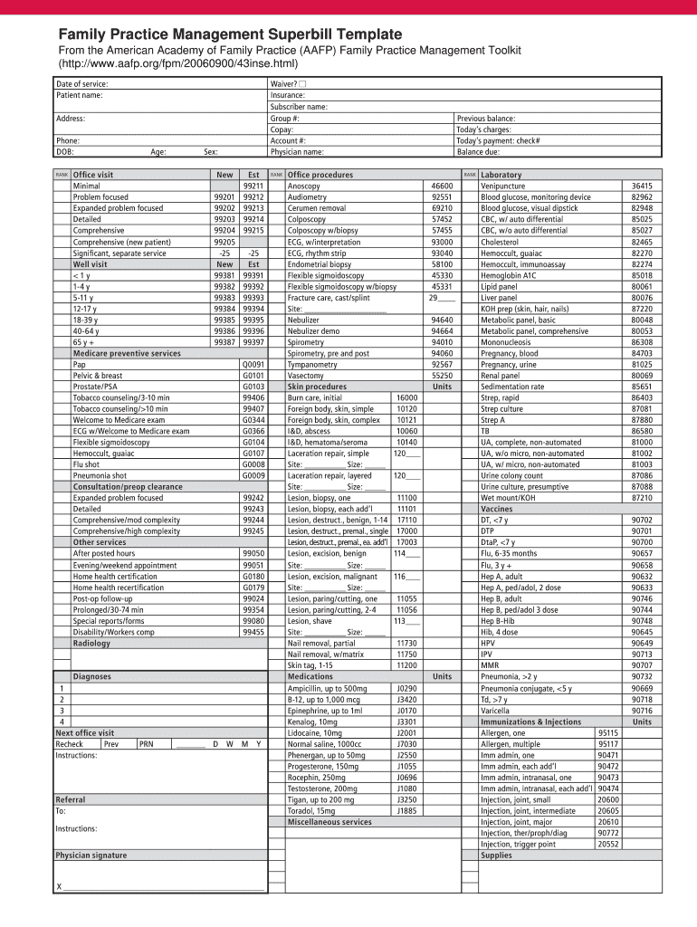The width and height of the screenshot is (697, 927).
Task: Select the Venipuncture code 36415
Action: (x=642, y=186)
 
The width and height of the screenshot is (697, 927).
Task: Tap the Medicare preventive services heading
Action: (x=127, y=353)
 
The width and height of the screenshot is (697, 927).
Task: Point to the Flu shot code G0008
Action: (x=253, y=464)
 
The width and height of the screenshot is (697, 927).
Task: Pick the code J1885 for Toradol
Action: (x=406, y=811)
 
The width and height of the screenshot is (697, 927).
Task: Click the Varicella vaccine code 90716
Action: (x=642, y=711)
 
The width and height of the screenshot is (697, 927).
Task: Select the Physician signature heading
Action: (x=91, y=855)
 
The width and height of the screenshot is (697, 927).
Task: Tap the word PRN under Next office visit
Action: (x=147, y=744)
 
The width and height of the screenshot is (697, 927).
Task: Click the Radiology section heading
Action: (x=91, y=644)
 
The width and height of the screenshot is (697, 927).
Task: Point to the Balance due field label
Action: (x=479, y=152)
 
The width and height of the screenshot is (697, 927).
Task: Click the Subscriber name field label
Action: (x=299, y=107)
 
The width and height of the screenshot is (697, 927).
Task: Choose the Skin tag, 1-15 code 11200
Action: (x=406, y=665)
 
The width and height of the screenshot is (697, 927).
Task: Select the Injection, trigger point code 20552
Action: (x=608, y=845)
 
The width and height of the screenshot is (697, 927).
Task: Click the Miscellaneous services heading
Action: (x=329, y=822)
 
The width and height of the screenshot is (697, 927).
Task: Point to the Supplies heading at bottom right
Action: (x=496, y=855)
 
